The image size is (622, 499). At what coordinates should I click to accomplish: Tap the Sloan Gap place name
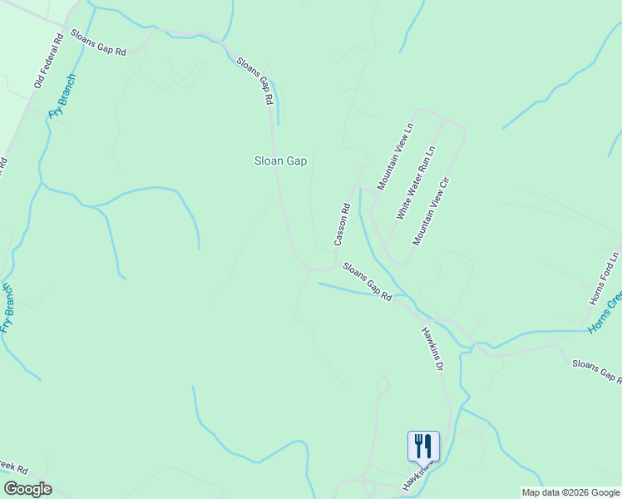pyautogui.click(x=280, y=161)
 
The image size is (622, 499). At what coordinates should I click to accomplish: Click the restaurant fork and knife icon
pyautogui.click(x=423, y=447)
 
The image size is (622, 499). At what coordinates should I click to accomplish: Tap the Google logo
pyautogui.click(x=27, y=489)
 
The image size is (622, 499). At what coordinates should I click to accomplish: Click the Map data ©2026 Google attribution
pyautogui.click(x=570, y=492)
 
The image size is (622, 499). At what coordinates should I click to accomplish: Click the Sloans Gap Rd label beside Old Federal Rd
pyautogui.click(x=98, y=42)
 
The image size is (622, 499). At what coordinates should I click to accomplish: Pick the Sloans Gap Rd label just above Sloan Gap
pyautogui.click(x=255, y=80)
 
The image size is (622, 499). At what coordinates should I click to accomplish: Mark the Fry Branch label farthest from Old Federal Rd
pyautogui.click(x=7, y=308)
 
